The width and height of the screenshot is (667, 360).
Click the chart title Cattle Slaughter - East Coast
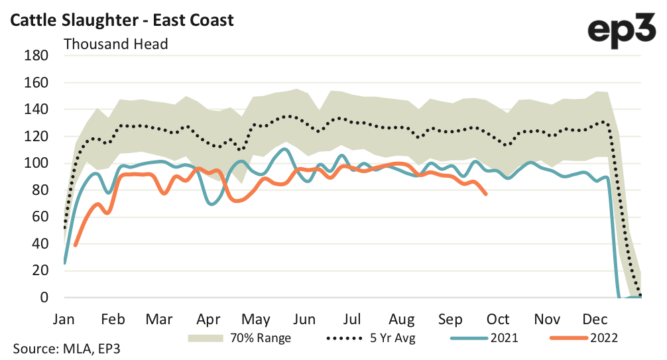coord(121,20)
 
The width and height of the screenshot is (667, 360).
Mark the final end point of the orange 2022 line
coord(486,194)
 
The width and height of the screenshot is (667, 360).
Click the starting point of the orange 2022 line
coord(76,245)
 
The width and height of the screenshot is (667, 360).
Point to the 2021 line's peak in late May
coord(284,149)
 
